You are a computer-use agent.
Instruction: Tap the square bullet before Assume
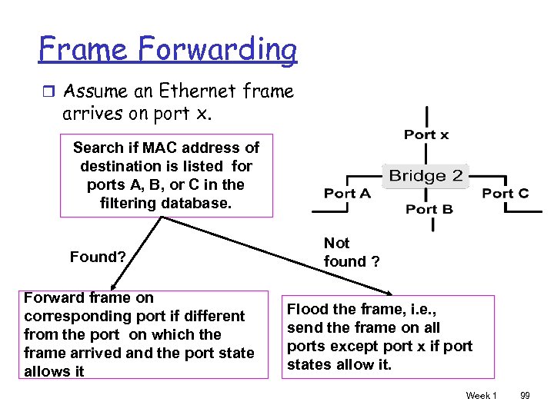point(48,91)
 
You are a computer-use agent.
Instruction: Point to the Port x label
point(426,134)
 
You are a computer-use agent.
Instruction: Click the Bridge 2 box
point(426,176)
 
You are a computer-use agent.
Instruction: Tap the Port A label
point(347,193)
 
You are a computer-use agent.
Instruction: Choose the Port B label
point(429,209)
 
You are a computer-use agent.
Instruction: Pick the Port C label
point(505,193)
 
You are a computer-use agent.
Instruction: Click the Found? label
point(98,257)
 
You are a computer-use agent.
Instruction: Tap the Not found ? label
point(351,252)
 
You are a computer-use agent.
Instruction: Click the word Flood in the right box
point(306,310)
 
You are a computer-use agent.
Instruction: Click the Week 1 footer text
point(481,395)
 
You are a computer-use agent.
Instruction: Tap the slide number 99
point(525,395)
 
